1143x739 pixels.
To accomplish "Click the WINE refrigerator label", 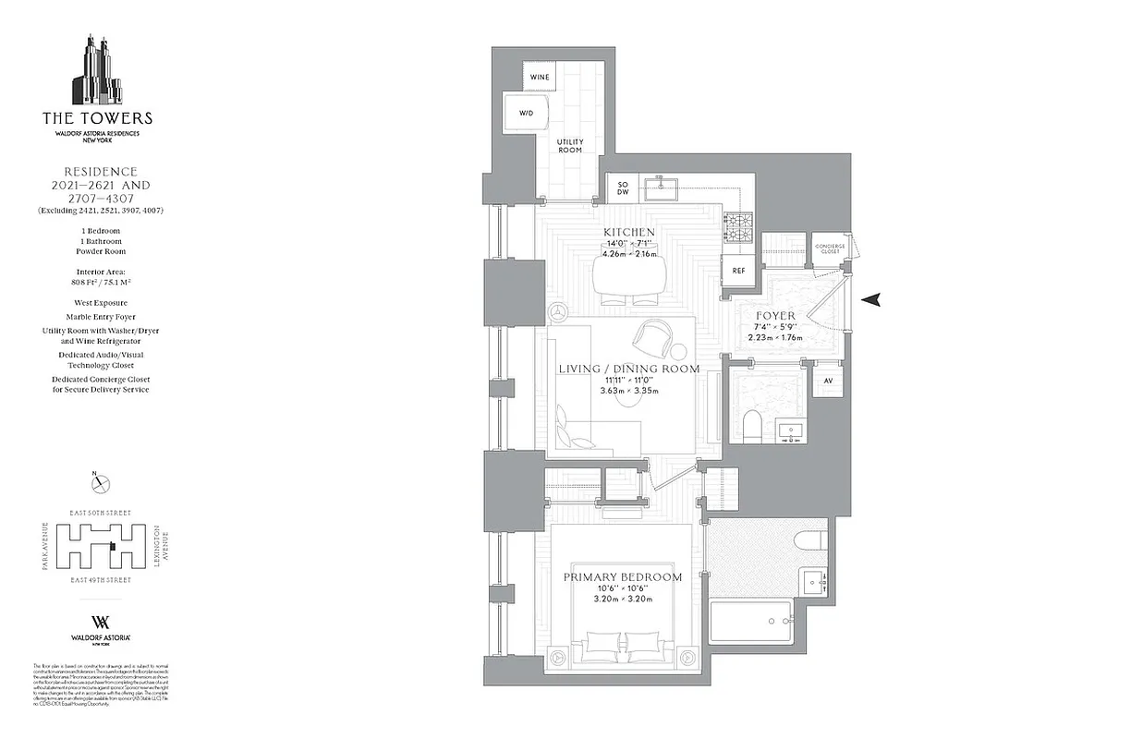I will coord(539,77).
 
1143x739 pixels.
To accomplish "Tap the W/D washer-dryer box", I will coord(526,114).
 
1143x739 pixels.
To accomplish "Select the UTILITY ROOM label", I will coord(569,145).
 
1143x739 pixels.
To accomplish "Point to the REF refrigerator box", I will coord(738,271).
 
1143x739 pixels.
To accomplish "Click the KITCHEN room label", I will coord(628,232).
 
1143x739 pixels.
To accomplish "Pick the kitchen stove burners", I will coord(738,223).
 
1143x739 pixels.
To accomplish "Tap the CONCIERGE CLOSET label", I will coord(830,249).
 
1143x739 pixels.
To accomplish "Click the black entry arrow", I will coord(871,299).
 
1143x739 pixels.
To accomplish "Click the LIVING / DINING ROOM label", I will coord(628,369).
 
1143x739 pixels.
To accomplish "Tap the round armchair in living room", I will coord(657,337).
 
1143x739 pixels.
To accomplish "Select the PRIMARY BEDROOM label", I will coord(623,577).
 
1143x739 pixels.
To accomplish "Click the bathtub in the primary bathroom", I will coord(750,622).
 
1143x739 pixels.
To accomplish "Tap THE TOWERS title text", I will coord(97,118).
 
